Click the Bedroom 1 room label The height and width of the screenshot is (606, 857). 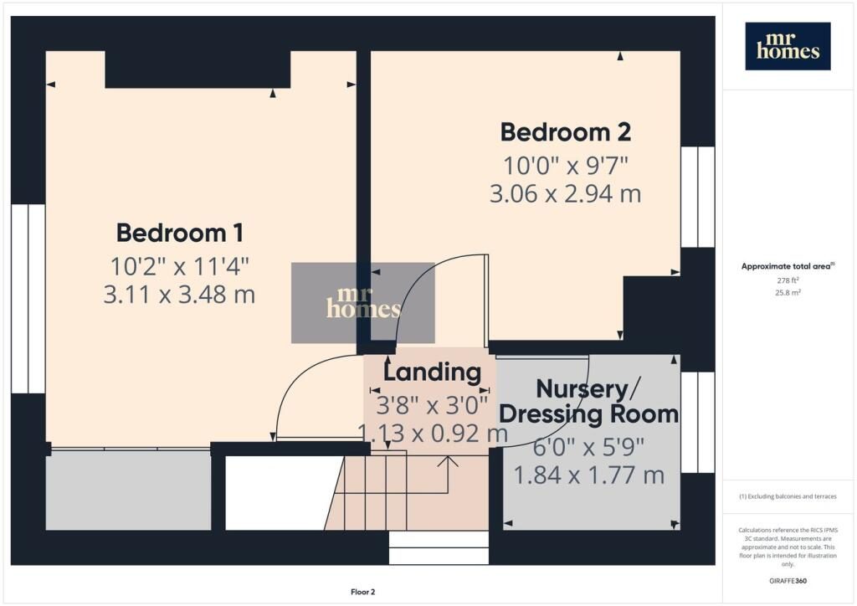(x=180, y=234)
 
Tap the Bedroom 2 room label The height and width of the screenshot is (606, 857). (x=566, y=132)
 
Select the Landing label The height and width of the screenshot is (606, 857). (x=433, y=372)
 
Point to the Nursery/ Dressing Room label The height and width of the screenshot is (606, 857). (x=588, y=402)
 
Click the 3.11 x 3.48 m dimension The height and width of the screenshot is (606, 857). (x=179, y=295)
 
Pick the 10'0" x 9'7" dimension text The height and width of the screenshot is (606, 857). (x=566, y=166)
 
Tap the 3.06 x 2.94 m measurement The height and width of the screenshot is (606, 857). (x=565, y=194)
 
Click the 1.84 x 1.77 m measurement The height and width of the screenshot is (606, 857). (x=588, y=475)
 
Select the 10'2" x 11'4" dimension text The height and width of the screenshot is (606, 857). (x=180, y=267)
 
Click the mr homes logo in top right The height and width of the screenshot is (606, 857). (x=788, y=46)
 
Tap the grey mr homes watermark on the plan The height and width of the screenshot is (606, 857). (x=363, y=303)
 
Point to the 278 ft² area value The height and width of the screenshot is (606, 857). (x=788, y=280)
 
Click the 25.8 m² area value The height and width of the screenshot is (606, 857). (x=788, y=292)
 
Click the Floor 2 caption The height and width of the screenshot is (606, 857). (x=363, y=592)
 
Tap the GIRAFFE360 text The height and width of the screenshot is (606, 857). (x=788, y=581)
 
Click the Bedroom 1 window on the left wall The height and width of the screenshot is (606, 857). (x=28, y=299)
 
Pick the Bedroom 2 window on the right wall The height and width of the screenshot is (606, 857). (x=698, y=197)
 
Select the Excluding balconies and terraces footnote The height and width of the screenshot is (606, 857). (x=788, y=496)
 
